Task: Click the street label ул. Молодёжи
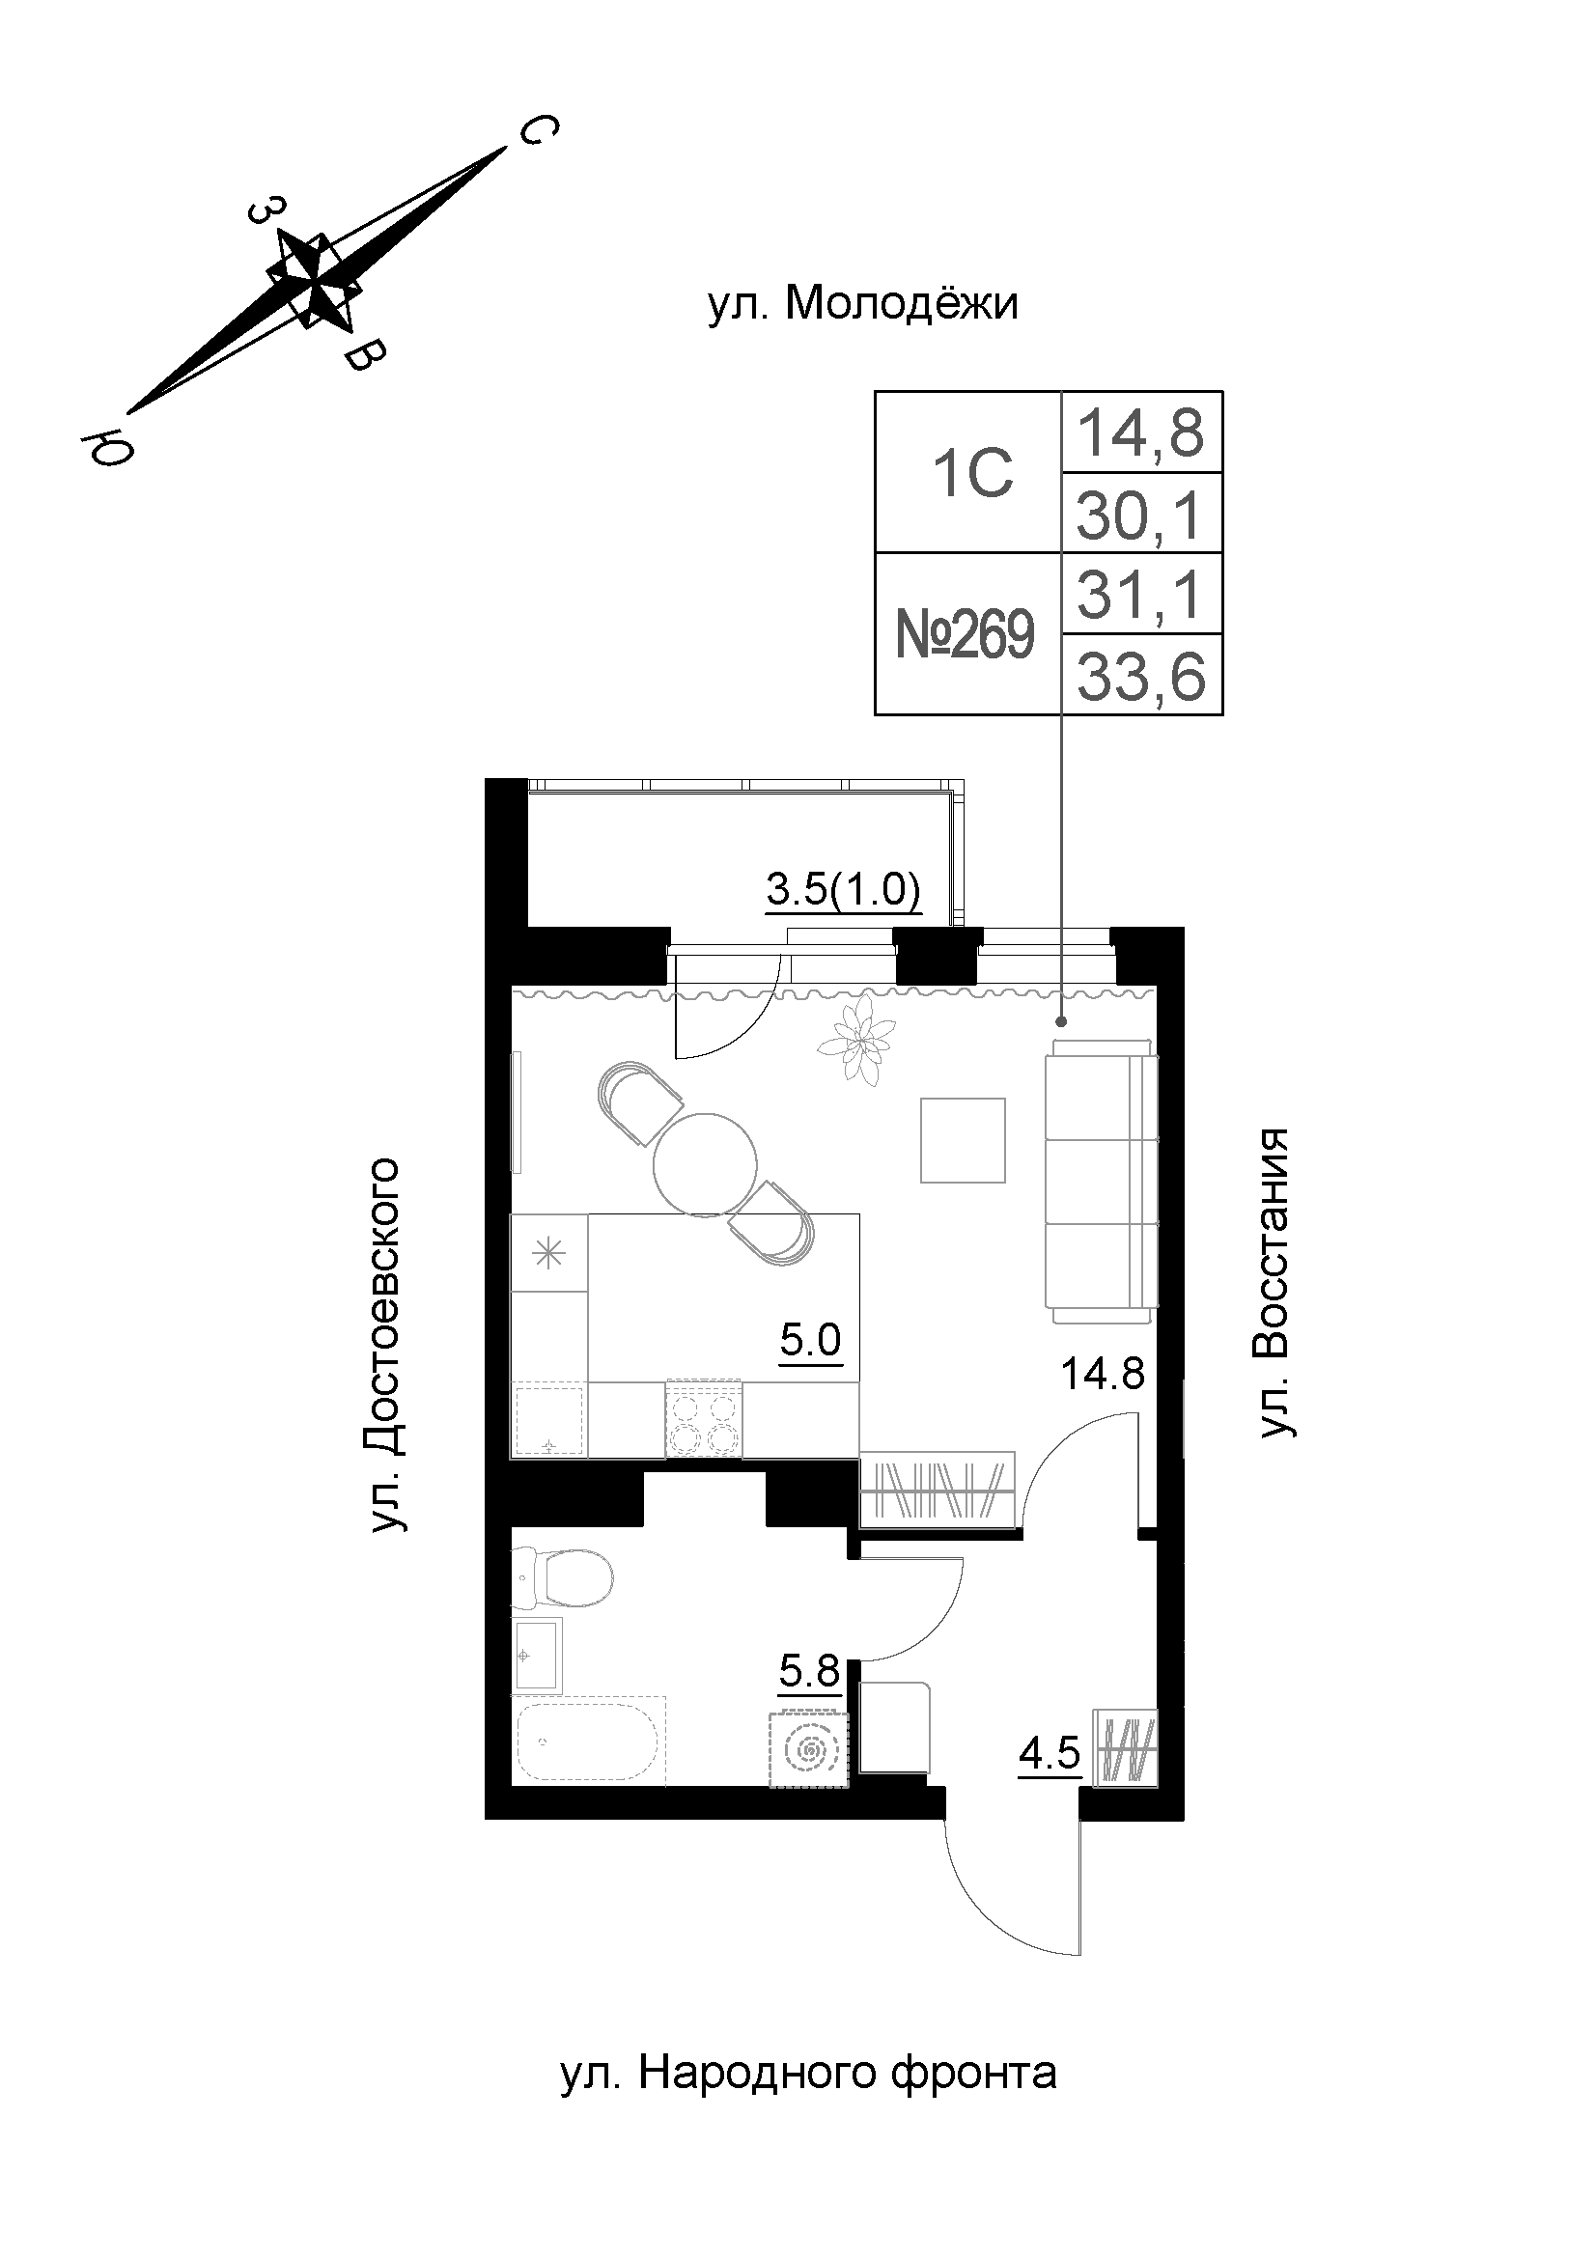pyautogui.click(x=862, y=304)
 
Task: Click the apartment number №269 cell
pyautogui.click(x=966, y=634)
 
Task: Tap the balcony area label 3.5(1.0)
pyautogui.click(x=843, y=890)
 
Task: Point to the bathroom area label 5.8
pyautogui.click(x=809, y=1671)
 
